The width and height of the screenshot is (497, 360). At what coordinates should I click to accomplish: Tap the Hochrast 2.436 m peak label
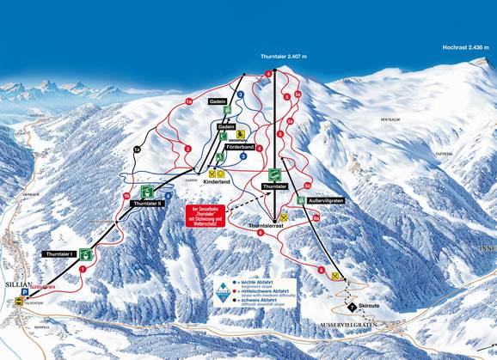[x=469, y=47]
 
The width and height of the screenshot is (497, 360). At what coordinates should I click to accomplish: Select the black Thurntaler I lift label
[x=58, y=253]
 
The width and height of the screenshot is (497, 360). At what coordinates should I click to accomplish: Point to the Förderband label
[x=242, y=147]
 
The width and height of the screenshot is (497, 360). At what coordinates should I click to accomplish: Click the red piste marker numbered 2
[x=187, y=149]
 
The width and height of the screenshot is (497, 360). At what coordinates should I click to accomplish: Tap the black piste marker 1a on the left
[x=136, y=149]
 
